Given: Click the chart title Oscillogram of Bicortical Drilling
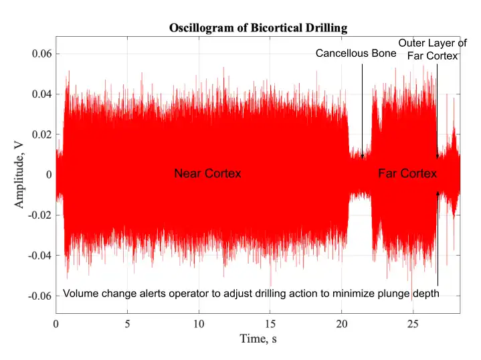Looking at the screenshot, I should click(258, 28).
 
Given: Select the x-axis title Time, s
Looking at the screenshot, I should click(258, 339).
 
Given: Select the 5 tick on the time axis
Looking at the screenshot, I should click(127, 324).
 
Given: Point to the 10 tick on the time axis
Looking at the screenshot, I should click(199, 324).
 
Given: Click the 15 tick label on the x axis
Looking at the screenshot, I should click(270, 324).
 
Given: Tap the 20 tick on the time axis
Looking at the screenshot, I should click(342, 324).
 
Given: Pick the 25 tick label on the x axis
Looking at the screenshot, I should click(413, 324).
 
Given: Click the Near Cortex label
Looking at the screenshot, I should click(207, 174).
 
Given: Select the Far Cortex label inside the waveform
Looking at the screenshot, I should click(407, 174).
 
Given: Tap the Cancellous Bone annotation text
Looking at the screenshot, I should click(355, 52).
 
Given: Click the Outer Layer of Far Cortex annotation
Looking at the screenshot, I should click(432, 50).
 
